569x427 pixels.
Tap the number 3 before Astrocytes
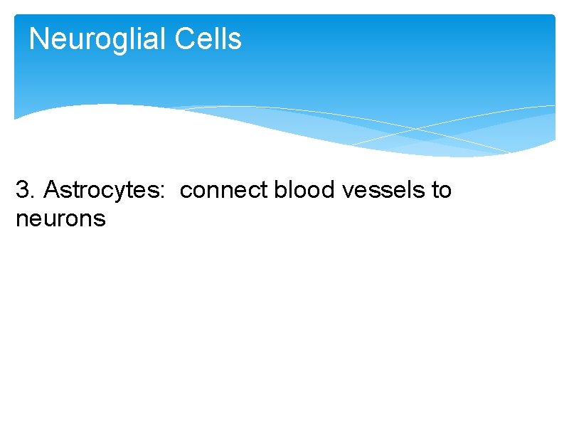(x=23, y=191)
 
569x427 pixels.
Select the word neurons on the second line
(x=60, y=218)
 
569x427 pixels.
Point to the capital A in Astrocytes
(x=52, y=191)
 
